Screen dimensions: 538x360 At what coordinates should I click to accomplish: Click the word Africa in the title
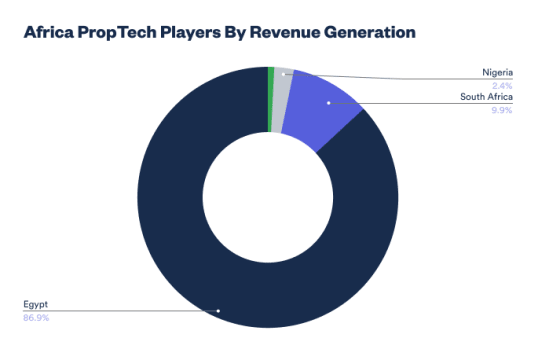[49, 32]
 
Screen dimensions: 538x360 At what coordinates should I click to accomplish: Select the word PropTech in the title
[117, 33]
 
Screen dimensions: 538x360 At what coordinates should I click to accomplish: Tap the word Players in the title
[190, 33]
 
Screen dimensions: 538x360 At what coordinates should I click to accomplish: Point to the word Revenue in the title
[285, 32]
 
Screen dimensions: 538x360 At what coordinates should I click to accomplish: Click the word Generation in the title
[370, 32]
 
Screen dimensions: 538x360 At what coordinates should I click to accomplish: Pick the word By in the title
[235, 33]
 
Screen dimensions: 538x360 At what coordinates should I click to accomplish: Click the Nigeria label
[498, 73]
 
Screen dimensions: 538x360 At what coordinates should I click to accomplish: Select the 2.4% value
[502, 85]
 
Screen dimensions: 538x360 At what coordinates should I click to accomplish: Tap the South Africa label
[487, 97]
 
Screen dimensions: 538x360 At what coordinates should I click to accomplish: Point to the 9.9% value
[502, 110]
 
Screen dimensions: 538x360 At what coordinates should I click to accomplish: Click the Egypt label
[35, 305]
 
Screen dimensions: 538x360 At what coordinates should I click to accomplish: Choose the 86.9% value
[36, 318]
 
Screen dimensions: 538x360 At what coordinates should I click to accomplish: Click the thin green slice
[271, 100]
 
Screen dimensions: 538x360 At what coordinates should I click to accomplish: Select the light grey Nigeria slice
[282, 100]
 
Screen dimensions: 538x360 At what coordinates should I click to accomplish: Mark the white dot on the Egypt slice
[218, 311]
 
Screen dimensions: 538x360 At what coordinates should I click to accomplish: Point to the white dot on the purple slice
[329, 103]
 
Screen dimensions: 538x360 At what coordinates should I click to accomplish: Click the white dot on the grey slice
[283, 74]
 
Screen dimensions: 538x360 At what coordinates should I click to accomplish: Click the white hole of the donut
[268, 197]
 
